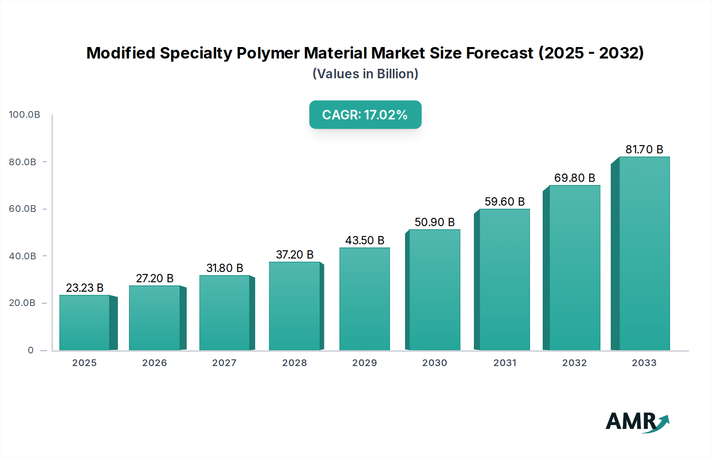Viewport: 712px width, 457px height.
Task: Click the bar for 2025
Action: point(84,322)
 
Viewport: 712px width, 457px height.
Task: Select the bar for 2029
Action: point(364,298)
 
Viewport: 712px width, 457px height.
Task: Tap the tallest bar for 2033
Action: point(644,253)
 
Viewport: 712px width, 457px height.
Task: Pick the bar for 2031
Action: point(504,279)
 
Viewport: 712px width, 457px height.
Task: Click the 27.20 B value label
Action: point(155,278)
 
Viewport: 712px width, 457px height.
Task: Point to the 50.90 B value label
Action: point(434,222)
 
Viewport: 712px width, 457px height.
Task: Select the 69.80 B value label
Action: point(574,178)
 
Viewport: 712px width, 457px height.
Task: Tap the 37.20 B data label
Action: point(295,255)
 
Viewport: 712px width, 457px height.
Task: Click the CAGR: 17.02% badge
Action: point(365,115)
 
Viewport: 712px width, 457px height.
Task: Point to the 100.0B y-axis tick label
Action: point(25,115)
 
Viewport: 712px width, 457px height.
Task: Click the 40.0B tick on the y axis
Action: point(23,256)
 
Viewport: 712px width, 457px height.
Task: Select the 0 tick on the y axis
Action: point(30,350)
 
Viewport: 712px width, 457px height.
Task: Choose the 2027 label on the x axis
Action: point(224,363)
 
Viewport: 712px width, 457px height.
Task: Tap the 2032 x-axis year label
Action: point(574,363)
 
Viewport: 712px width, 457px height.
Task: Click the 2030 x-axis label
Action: point(434,363)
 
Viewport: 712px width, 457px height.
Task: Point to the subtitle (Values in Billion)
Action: point(365,74)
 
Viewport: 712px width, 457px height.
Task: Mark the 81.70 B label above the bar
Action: point(644,149)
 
